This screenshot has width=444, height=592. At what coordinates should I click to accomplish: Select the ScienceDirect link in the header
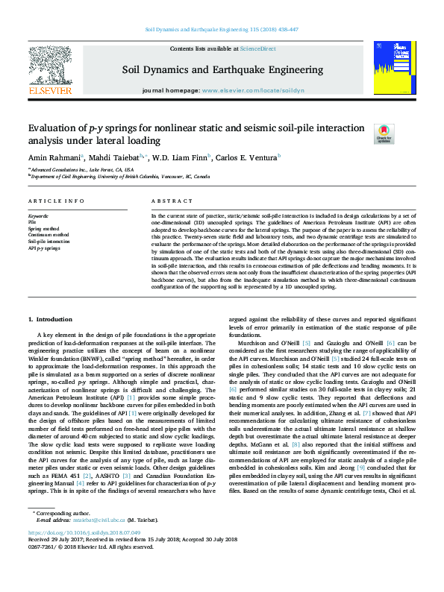coord(258,49)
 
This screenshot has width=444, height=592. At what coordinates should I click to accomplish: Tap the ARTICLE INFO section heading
coord(56,201)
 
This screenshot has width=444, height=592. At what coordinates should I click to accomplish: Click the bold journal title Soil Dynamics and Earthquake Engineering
coord(222,70)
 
